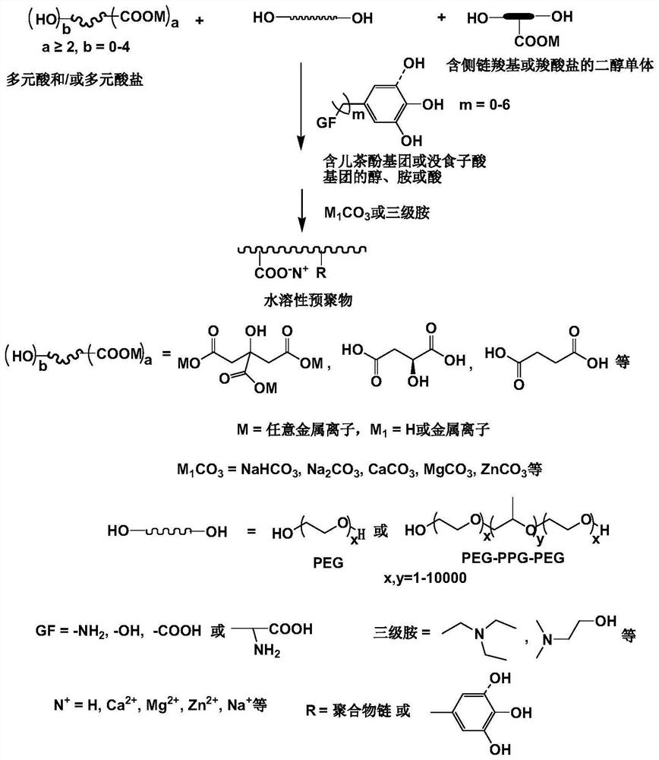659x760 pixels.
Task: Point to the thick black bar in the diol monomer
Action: (522, 16)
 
